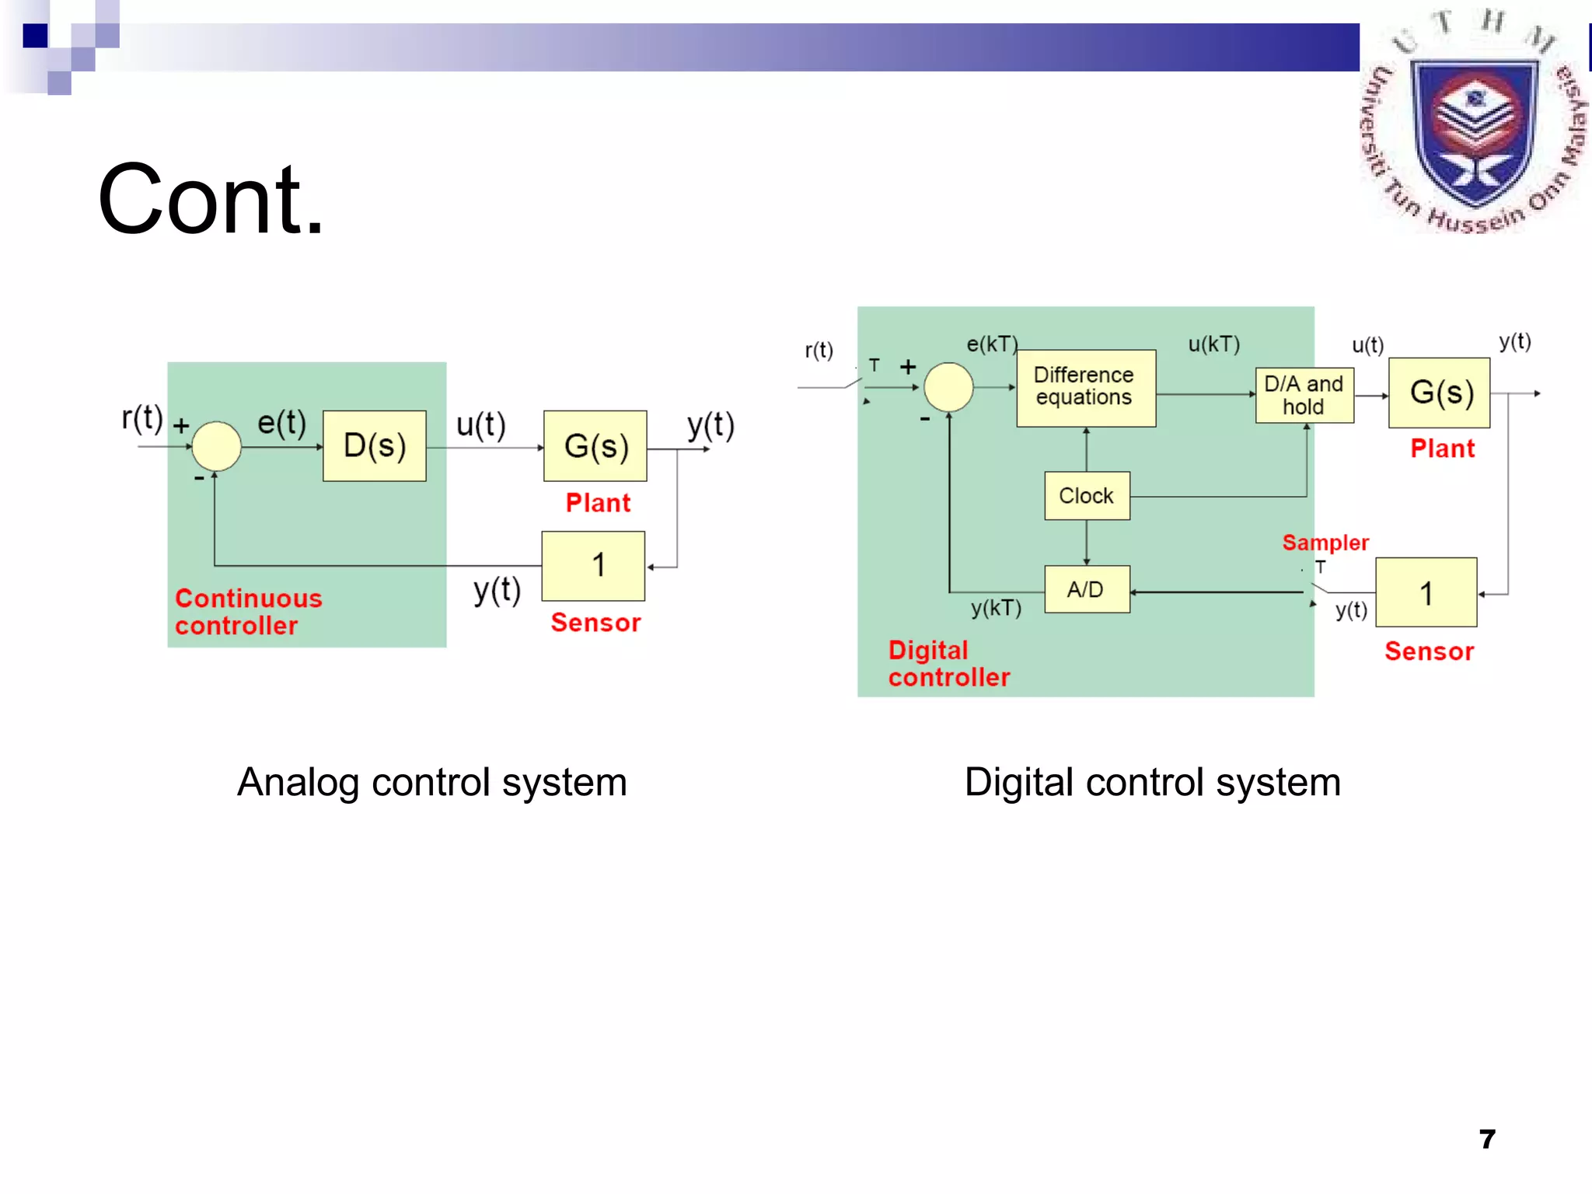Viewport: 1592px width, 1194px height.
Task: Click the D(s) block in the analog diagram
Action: (374, 445)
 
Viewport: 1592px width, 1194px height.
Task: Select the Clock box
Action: (1086, 495)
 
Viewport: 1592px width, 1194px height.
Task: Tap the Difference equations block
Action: (1085, 387)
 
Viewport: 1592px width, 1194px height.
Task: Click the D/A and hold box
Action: (1304, 395)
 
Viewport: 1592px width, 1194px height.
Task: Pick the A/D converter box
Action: (1086, 589)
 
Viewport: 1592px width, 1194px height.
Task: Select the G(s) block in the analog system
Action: (595, 445)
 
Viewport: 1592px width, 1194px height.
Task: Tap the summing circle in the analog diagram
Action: (216, 446)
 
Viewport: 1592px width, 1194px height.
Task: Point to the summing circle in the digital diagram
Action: (948, 386)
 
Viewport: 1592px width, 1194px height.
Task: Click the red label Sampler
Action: (1325, 542)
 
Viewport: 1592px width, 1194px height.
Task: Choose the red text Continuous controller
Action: (247, 611)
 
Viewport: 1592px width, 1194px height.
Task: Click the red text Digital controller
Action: (948, 663)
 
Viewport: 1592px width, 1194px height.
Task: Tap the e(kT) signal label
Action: (991, 344)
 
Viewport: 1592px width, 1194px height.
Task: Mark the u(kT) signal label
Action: (1213, 344)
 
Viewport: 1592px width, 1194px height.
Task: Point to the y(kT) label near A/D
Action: (995, 608)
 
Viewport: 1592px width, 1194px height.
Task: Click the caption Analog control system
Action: (431, 782)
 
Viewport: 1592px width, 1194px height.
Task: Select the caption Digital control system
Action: (1152, 782)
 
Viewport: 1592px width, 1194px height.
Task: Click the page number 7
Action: (1486, 1139)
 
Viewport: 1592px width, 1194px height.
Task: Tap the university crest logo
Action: (1474, 124)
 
